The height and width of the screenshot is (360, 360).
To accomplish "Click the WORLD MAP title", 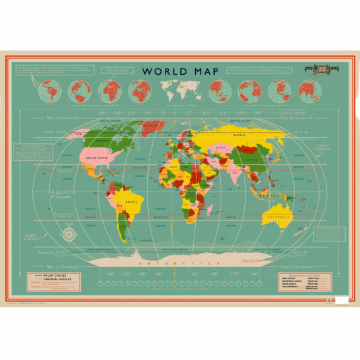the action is point(180,71).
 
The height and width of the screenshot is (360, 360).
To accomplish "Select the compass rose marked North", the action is point(68,234).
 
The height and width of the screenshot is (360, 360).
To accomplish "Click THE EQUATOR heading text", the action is point(59,192).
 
